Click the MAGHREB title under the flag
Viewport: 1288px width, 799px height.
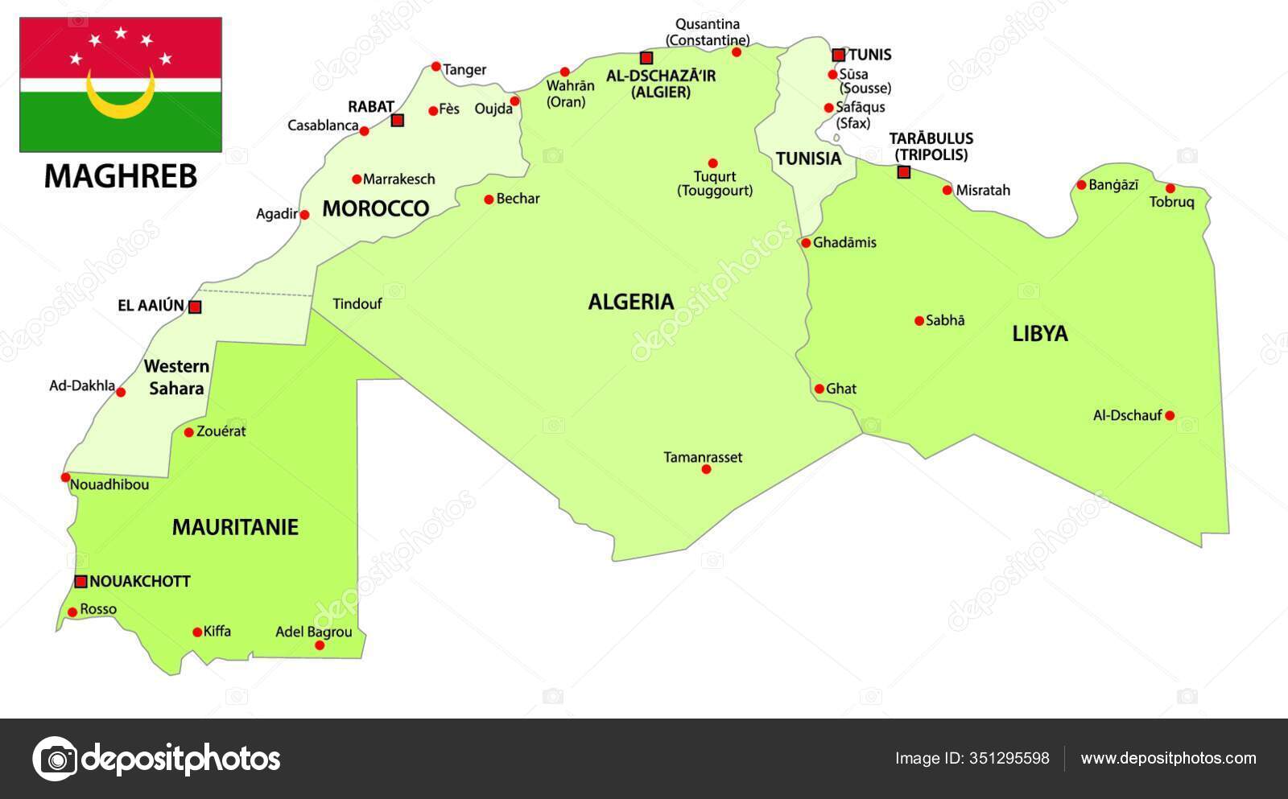121,176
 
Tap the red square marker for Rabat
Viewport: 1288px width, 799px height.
397,121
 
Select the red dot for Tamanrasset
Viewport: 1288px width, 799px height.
706,469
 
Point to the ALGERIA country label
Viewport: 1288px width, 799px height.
630,302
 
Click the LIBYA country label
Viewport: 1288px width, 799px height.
1039,333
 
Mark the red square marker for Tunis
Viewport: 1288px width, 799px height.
838,55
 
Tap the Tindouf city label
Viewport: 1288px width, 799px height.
357,303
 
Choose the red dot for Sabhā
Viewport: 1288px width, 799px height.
919,321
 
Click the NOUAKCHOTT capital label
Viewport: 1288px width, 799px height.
139,581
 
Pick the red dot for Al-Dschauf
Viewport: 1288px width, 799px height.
1169,416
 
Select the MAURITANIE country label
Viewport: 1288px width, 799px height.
235,527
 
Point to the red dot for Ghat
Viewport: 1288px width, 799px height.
819,389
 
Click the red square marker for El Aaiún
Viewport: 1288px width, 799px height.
195,307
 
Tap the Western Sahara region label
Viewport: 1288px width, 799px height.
176,377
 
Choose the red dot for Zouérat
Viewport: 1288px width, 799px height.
188,432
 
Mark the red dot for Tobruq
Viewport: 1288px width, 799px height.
1170,188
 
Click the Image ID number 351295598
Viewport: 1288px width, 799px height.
1010,758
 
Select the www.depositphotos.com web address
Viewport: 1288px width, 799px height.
1168,758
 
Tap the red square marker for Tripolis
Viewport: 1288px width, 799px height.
903,171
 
